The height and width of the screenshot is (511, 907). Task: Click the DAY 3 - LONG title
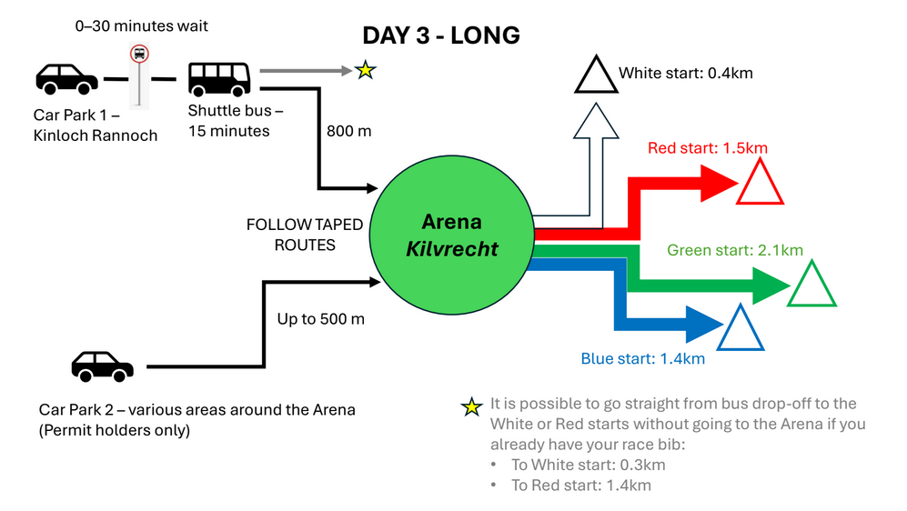point(441,35)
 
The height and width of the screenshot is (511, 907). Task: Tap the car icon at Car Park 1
point(66,78)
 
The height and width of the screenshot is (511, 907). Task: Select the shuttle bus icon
point(219,78)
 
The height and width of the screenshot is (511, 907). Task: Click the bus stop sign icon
point(139,55)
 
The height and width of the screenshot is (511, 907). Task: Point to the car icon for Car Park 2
point(103,366)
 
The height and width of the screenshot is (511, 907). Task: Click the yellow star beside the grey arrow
point(365,70)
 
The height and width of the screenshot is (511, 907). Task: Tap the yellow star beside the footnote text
point(471,406)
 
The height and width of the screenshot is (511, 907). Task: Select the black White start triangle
point(595,76)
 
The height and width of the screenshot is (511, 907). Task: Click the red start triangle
point(760,183)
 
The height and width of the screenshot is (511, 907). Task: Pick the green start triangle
point(811,285)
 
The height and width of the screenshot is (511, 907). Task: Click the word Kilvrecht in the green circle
point(452,248)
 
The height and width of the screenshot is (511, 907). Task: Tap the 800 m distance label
point(349,131)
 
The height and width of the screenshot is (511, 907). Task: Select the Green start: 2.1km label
point(735,250)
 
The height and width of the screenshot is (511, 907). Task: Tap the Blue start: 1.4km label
point(642,358)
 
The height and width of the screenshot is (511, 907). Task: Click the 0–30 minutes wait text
point(141,25)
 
